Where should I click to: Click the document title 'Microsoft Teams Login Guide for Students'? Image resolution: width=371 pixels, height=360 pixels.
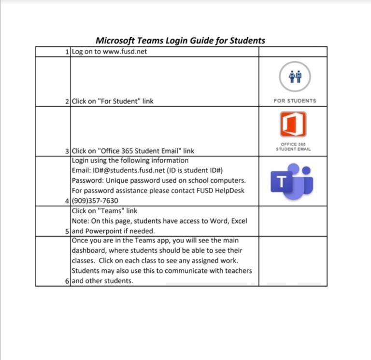coord(180,41)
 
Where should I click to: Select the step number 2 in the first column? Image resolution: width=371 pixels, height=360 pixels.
coord(67,102)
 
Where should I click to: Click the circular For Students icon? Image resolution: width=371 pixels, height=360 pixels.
coord(295,77)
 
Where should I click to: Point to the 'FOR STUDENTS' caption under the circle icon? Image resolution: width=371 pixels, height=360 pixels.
coord(295,101)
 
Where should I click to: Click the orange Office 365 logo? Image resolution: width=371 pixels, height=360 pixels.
coord(293,125)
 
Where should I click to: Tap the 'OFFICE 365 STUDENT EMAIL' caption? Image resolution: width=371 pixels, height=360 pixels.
coord(293,147)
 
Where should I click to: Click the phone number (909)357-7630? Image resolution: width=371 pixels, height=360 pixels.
coord(95,201)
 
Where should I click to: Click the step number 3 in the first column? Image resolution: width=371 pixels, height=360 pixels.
coord(67,151)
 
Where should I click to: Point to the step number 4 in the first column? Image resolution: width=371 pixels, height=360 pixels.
coord(67,201)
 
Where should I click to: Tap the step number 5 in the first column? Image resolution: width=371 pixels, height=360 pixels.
coord(67,231)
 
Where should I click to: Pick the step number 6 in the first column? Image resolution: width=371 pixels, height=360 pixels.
coord(67,281)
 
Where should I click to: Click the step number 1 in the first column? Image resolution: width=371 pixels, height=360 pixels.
coord(67,52)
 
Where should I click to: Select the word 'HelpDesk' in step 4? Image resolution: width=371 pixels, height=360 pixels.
coord(230,191)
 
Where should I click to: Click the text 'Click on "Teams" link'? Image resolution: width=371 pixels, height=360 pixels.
coord(104,211)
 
